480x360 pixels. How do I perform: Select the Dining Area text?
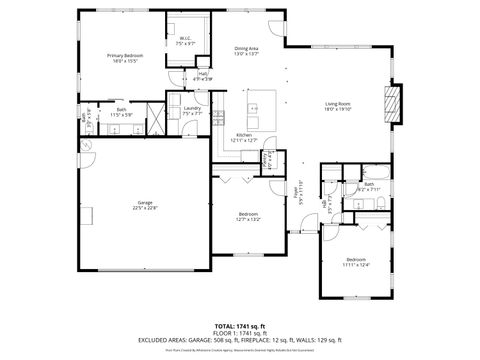[x=246, y=48]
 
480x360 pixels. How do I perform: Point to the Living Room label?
[x=336, y=104]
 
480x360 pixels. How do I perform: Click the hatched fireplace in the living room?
[x=394, y=103]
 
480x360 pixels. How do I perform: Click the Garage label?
[x=145, y=203]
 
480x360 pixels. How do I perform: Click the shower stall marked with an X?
[x=154, y=111]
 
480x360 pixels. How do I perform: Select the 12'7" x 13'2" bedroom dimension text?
[x=248, y=219]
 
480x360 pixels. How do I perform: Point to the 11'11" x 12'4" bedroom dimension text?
[x=356, y=265]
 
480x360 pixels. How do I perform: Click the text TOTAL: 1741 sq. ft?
[x=239, y=326]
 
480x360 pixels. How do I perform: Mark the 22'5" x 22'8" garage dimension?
[x=145, y=208]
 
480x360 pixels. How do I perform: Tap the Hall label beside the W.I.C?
[x=203, y=73]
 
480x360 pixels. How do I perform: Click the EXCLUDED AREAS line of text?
[x=239, y=339]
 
